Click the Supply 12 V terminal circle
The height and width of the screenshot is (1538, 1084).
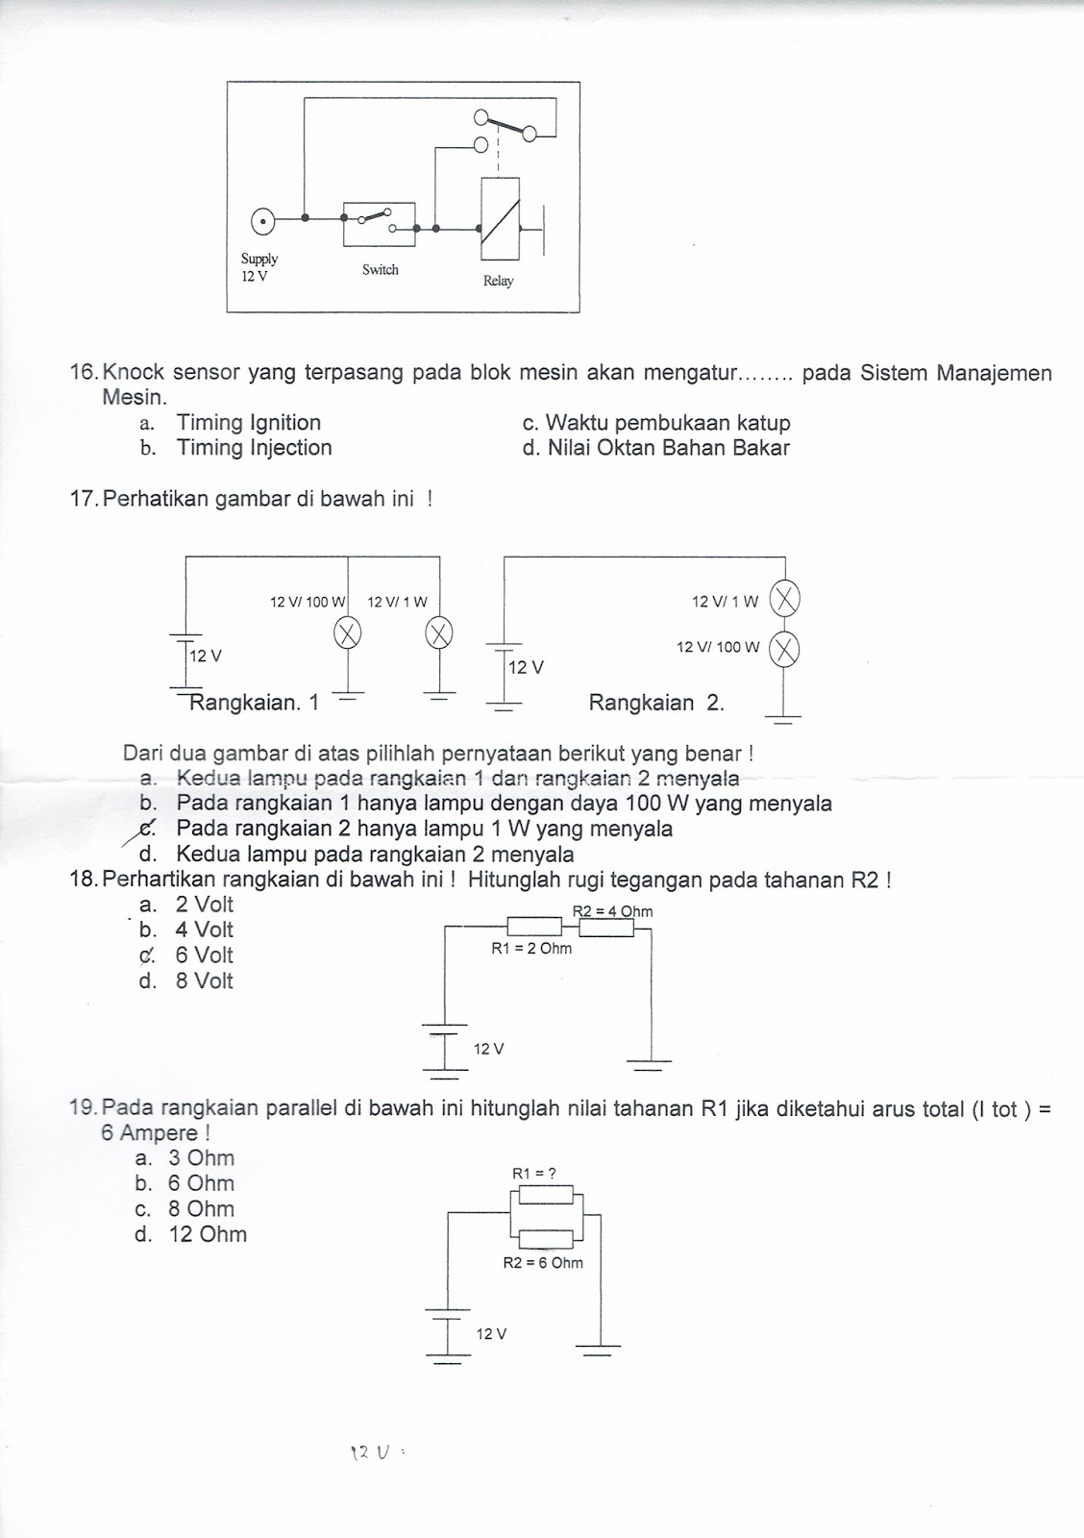point(260,223)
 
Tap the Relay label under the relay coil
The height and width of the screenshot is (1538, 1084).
point(498,281)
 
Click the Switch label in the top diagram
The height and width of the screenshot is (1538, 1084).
point(380,270)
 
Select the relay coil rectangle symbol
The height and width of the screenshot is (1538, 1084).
point(500,218)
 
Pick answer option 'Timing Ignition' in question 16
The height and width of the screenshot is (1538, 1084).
point(248,423)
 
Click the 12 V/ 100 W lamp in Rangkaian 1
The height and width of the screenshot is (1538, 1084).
point(347,633)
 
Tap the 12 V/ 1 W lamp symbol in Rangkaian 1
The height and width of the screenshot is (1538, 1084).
point(439,633)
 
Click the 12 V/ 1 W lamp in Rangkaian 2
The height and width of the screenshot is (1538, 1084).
point(785,602)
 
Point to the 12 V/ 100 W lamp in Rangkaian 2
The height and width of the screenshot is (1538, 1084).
point(785,650)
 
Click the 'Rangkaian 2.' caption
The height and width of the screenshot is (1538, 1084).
point(655,703)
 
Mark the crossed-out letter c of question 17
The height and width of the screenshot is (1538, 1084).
point(147,829)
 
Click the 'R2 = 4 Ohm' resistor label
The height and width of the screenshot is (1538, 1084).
point(612,911)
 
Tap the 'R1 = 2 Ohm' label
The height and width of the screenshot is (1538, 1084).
point(530,949)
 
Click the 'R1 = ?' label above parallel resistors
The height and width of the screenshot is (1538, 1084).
point(534,1173)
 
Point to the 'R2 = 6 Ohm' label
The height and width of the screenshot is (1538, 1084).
point(543,1262)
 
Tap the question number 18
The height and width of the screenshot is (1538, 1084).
point(85,879)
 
